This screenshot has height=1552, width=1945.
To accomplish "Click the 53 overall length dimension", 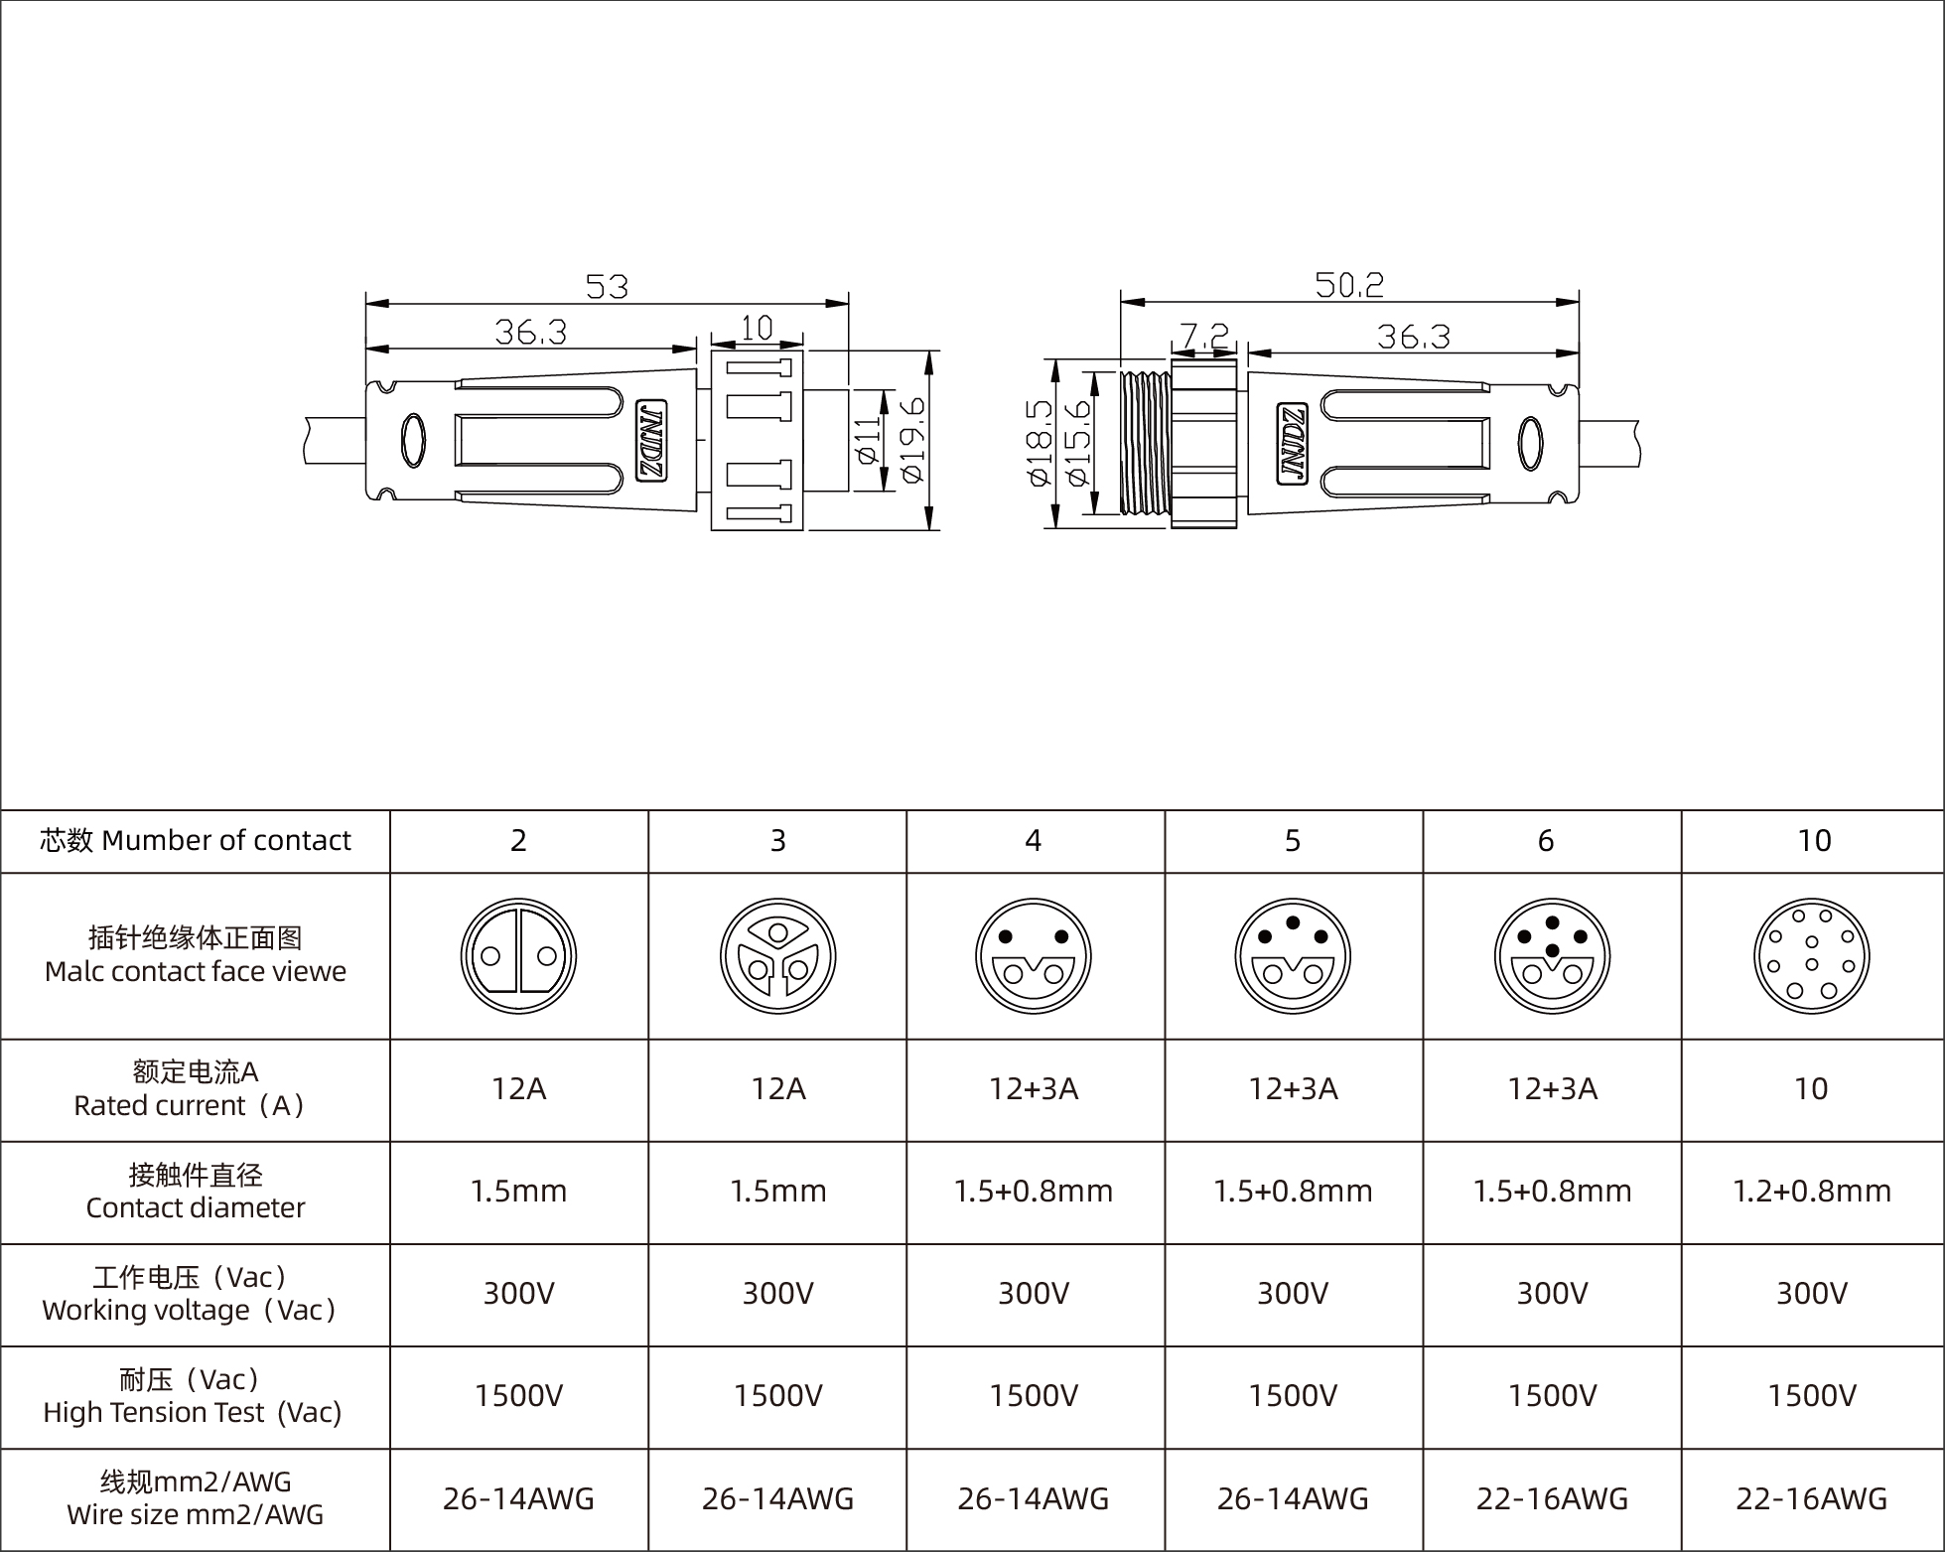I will (607, 287).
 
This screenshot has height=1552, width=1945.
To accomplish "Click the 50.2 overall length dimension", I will (1348, 285).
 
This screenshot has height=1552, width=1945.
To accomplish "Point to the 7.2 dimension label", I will (1203, 336).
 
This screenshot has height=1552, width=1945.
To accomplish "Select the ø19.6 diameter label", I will (912, 440).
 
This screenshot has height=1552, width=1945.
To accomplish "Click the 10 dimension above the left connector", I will (757, 328).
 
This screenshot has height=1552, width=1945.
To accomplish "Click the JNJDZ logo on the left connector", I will (651, 442).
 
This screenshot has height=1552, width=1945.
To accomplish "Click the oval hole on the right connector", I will (1532, 442).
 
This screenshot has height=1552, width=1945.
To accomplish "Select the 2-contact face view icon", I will (518, 956).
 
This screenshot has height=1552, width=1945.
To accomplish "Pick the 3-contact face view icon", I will (777, 956).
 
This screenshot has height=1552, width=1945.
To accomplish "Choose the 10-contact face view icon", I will (1811, 956).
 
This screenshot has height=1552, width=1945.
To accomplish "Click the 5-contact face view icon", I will (1293, 956).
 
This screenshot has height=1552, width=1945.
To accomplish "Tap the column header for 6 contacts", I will (1546, 841).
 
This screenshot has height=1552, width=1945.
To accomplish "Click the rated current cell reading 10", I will (1811, 1089).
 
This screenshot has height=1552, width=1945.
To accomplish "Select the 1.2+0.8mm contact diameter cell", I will (1811, 1192).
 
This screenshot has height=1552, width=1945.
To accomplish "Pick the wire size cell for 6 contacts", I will (1552, 1498).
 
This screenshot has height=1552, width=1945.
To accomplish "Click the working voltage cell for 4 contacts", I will (1034, 1294).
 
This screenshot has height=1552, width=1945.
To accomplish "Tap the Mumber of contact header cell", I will (196, 841).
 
